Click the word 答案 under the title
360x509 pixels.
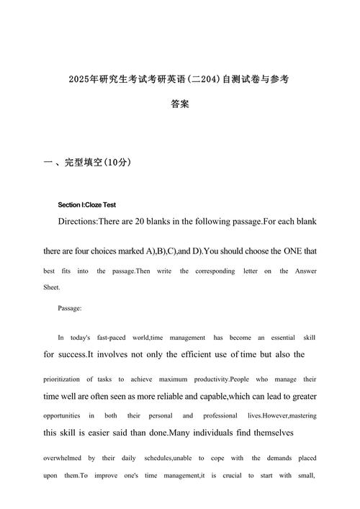click(180, 104)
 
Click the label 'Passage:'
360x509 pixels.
click(70, 308)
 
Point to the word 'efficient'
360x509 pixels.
click(194, 354)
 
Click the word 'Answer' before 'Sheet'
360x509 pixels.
click(303, 271)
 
